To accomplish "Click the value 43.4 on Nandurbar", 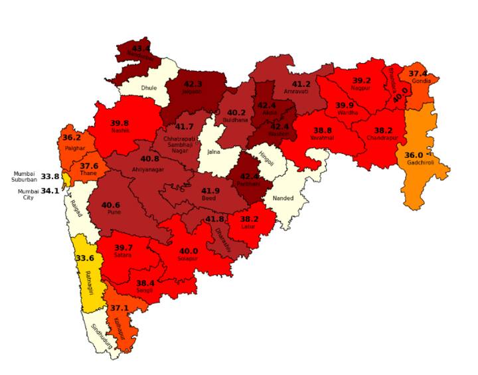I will pyautogui.click(x=141, y=49).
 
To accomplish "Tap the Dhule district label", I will pyautogui.click(x=148, y=87).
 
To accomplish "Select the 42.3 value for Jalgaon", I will pyautogui.click(x=193, y=85).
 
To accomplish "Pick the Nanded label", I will pyautogui.click(x=283, y=196).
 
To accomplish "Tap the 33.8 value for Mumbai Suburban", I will pyautogui.click(x=50, y=177).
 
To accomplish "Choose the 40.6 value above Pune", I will pyautogui.click(x=111, y=205).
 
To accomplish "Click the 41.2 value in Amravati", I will pyautogui.click(x=301, y=84).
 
